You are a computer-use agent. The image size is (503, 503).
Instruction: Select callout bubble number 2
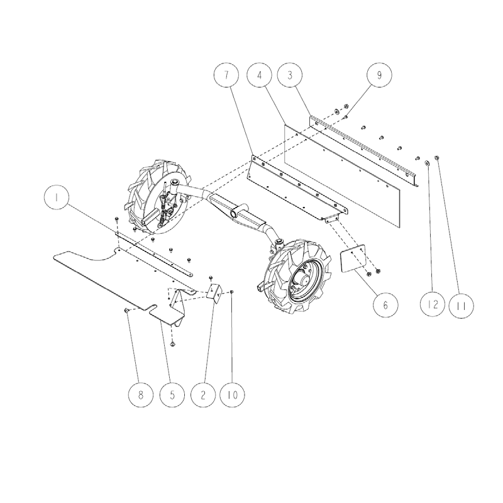(x=203, y=395)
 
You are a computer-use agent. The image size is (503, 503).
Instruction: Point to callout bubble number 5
(x=172, y=395)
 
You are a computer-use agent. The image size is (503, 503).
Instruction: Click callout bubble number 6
(x=385, y=305)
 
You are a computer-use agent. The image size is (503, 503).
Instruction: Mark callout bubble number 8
(x=140, y=395)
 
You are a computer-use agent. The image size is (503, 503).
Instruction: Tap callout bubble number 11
(x=461, y=305)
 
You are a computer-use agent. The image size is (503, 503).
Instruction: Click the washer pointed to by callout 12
(x=427, y=163)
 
